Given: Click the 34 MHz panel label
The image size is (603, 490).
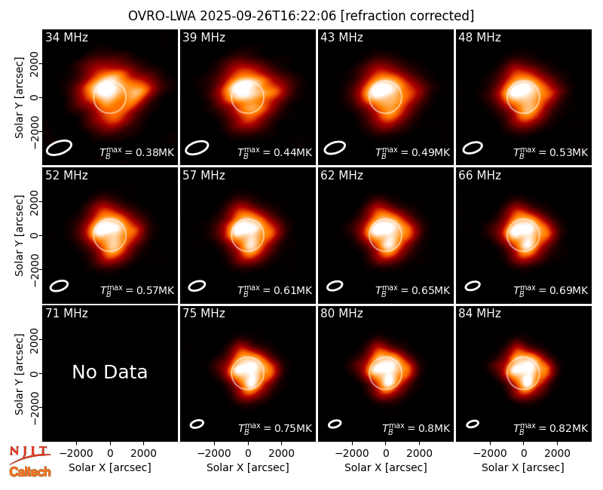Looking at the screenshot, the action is [66, 37].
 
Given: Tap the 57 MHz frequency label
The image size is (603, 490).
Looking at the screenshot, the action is [204, 176].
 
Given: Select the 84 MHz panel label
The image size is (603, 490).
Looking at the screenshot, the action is [479, 314].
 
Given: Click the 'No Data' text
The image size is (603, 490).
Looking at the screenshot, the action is [109, 372].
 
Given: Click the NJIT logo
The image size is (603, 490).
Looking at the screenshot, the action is [29, 455].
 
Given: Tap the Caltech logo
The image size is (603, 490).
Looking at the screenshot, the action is [30, 472].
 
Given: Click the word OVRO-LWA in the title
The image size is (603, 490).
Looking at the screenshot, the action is [162, 16].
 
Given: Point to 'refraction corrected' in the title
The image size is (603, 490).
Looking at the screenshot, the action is [407, 16].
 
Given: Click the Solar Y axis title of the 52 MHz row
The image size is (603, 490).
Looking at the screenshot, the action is [19, 235].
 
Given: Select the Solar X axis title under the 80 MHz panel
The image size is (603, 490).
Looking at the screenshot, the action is [386, 467].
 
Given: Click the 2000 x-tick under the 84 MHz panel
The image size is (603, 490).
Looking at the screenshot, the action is [557, 454].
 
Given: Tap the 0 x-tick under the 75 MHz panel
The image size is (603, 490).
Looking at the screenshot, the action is [248, 454].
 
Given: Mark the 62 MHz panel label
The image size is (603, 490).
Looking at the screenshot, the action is [342, 176].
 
